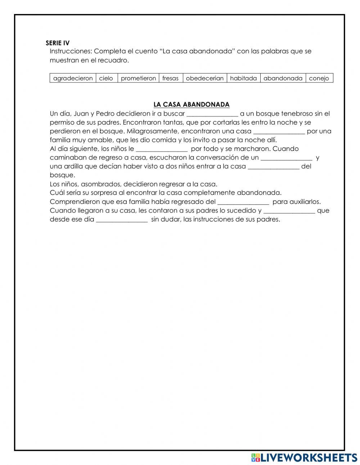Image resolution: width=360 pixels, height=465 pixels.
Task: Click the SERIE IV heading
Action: [x=58, y=43]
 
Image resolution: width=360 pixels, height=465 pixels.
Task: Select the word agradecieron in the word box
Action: [x=73, y=78]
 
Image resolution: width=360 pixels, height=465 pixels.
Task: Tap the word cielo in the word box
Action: [x=106, y=78]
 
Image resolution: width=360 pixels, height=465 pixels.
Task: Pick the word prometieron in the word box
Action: [x=138, y=78]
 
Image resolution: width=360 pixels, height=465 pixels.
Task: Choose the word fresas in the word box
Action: [x=170, y=78]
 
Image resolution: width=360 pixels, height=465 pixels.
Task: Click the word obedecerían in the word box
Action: [x=204, y=78]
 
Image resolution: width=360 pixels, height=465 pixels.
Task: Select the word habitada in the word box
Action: [x=243, y=78]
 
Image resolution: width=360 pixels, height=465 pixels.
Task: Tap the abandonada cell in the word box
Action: [x=283, y=78]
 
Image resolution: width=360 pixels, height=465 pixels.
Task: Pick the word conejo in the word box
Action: [x=319, y=78]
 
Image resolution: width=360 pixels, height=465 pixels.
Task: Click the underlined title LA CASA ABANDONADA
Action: [x=191, y=104]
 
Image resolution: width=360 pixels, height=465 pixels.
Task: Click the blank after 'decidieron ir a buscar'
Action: [x=212, y=114]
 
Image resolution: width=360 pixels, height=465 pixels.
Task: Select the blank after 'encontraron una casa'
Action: [x=279, y=131]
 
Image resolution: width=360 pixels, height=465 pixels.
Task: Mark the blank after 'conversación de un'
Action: [x=286, y=158]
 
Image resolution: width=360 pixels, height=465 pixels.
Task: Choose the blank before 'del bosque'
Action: [x=274, y=166]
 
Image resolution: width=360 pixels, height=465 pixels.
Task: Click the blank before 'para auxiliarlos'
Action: [x=243, y=202]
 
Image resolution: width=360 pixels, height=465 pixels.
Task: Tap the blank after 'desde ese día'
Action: [x=122, y=219]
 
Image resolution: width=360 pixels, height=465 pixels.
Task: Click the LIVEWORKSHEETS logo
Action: [x=304, y=457]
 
